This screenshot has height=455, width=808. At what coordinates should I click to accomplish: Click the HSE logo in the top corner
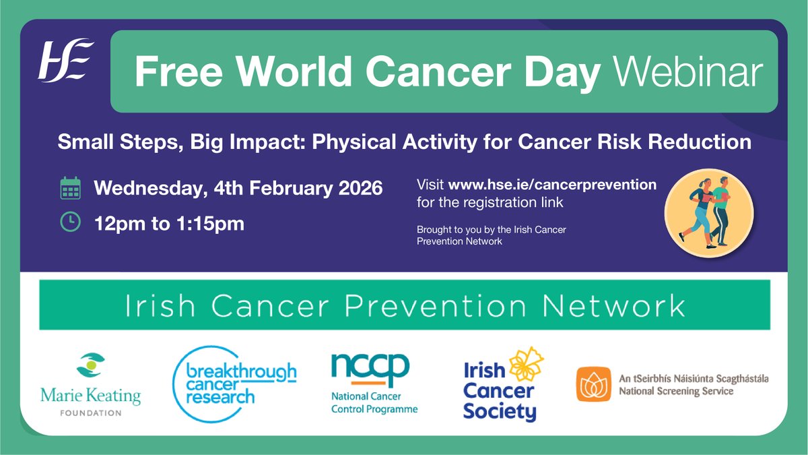[x=65, y=60]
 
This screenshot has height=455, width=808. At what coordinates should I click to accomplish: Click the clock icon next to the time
[x=70, y=222]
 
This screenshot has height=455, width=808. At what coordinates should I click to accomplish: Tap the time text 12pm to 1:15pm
[x=169, y=223]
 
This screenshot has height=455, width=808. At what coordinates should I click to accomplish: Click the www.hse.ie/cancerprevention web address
[x=552, y=185]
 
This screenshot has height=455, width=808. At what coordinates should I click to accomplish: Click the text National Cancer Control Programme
[x=374, y=403]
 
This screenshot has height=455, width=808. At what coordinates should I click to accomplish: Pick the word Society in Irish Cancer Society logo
[x=499, y=411]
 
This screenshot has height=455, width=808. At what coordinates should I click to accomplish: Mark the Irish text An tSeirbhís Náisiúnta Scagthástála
[x=694, y=378]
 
